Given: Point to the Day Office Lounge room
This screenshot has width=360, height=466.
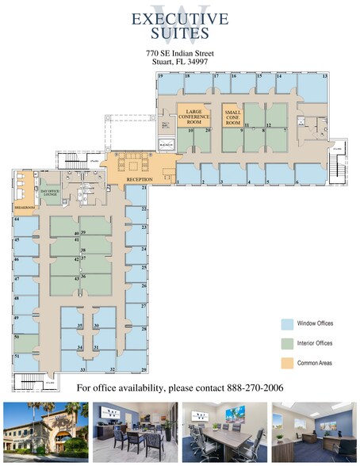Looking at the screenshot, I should pos(50,193).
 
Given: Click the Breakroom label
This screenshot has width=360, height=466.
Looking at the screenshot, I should pos(25,208).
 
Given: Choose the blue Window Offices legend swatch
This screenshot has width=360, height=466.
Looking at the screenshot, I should pos(286,323).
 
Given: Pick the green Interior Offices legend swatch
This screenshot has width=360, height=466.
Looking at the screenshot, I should pos(286,343).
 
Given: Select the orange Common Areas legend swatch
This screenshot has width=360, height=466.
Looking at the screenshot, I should pos(286,363).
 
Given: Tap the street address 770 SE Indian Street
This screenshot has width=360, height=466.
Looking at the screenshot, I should pos(179,52).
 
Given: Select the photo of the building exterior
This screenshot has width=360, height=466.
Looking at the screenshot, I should pos(44,431).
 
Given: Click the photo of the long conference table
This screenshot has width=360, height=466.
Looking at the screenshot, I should pos(224,431).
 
